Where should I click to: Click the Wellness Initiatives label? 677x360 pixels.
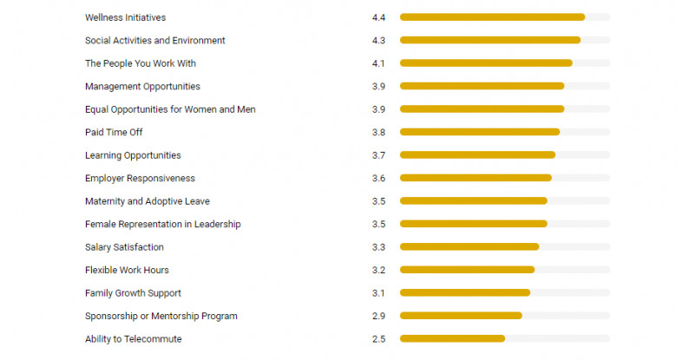pos(125,17)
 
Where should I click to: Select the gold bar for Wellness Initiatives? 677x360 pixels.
pos(492,17)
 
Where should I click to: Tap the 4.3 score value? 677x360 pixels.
pos(378,40)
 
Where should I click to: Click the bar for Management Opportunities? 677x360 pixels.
pos(482,86)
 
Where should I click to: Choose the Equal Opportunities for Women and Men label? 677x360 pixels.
pos(170,109)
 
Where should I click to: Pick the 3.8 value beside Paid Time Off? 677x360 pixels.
pos(378,132)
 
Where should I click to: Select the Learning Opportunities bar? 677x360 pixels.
pos(477,155)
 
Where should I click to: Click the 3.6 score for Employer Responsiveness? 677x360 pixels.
pos(378,178)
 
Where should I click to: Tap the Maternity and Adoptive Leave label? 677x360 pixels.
pos(148,201)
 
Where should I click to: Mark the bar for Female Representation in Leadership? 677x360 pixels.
pos(473,224)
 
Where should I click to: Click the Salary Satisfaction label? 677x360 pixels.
pos(124,247)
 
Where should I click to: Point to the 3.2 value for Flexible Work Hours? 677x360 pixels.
pos(378,270)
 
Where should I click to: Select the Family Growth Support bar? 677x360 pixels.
pos(464,293)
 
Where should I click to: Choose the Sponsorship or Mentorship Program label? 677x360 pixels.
pos(161,316)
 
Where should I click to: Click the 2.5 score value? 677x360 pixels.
pos(378,339)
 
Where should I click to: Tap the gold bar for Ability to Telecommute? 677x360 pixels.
pos(452,339)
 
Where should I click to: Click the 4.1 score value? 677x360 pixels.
pos(378,63)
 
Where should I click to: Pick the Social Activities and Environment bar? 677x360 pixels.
pos(490,40)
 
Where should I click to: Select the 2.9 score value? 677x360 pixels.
pos(378,316)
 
